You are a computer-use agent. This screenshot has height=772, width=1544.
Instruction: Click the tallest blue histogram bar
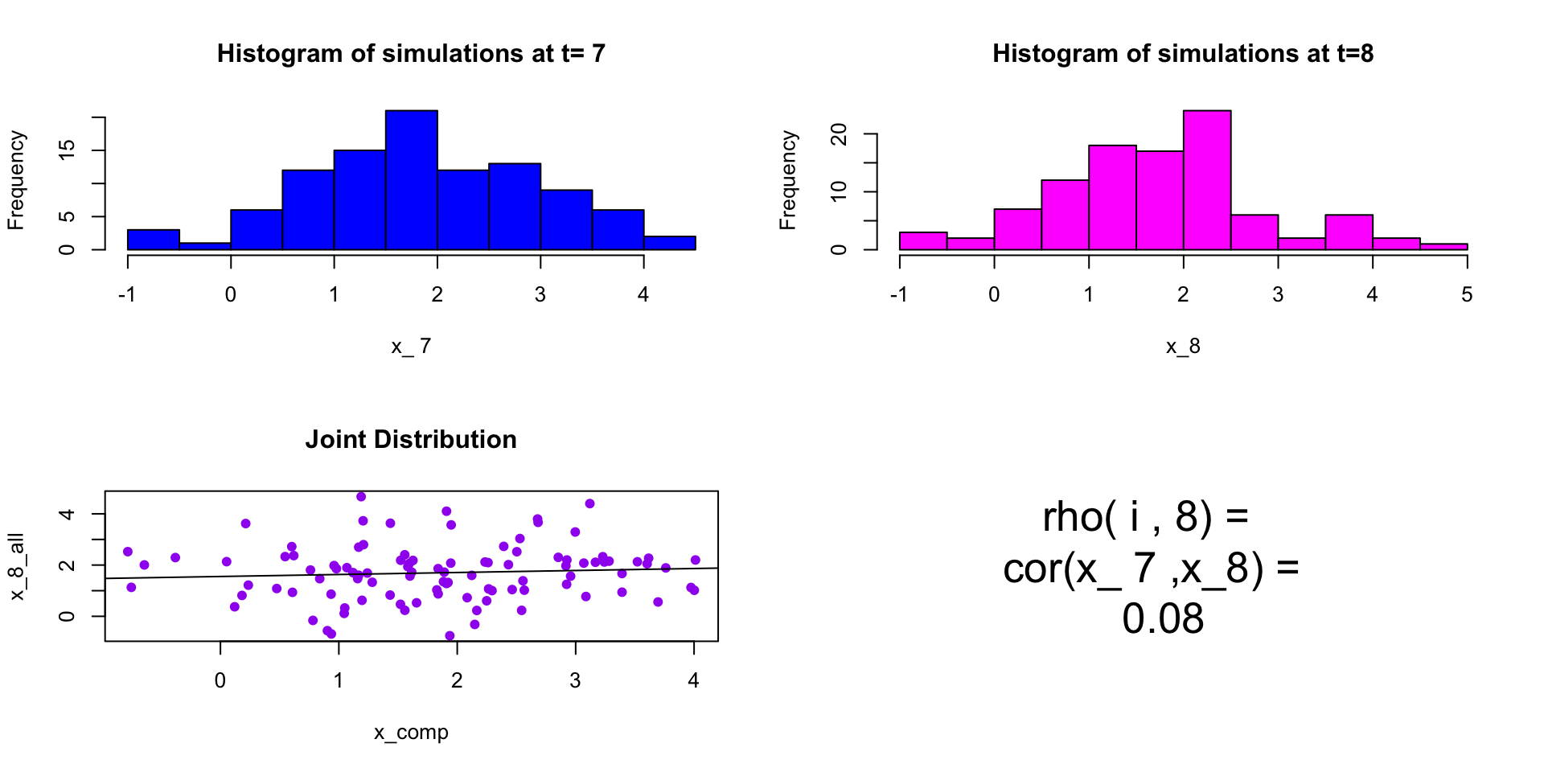[x=411, y=180]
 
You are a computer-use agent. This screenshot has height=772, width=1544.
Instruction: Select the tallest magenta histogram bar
[x=1206, y=180]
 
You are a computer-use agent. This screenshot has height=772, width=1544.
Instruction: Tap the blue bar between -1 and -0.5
[x=153, y=240]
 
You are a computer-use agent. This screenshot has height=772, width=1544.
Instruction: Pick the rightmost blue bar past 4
[x=669, y=243]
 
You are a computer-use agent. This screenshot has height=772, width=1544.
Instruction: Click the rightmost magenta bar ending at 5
[x=1443, y=246]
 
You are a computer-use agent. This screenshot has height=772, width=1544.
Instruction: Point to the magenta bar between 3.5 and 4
[x=1349, y=232]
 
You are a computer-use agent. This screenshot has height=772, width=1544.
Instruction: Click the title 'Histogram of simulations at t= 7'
[x=411, y=54]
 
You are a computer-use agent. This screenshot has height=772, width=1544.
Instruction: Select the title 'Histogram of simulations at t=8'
[x=1182, y=54]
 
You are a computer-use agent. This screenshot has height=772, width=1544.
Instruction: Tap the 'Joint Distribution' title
[x=411, y=440]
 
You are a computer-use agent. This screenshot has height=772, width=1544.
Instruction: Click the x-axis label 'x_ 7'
[x=411, y=347]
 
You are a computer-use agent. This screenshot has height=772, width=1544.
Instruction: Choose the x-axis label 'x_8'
[x=1183, y=347]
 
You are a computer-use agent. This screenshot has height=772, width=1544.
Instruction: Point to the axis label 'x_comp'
[x=411, y=733]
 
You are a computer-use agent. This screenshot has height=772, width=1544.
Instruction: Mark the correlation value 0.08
[x=1163, y=619]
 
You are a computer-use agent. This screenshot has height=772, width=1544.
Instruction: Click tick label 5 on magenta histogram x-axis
[x=1467, y=295]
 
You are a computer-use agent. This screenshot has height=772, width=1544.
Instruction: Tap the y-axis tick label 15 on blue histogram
[x=68, y=150]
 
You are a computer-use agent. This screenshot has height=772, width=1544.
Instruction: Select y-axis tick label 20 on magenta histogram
[x=840, y=134]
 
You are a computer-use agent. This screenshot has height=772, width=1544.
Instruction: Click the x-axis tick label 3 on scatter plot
[x=575, y=681]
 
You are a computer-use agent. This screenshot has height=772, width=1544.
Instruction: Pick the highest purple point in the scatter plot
[x=361, y=497]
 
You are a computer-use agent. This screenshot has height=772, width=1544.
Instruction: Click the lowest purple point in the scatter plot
[x=450, y=636]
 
